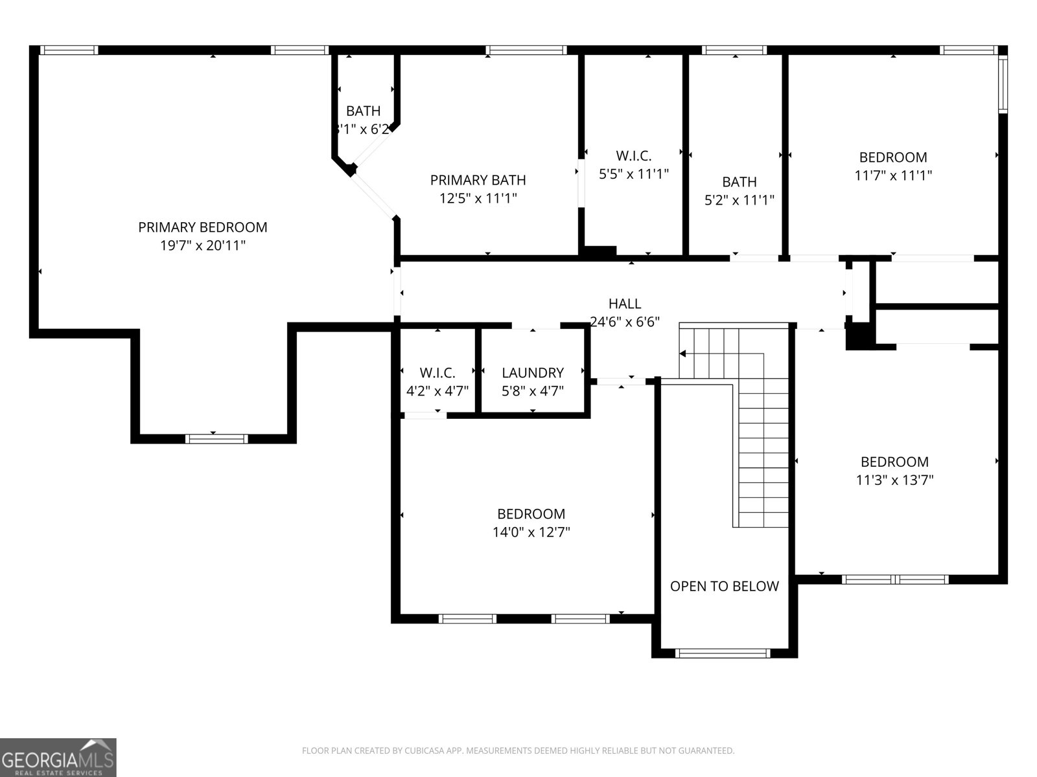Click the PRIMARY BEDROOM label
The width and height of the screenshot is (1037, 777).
tap(202, 227)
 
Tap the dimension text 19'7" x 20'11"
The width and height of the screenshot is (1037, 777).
tap(202, 245)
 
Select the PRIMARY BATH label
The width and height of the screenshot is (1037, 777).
tap(478, 180)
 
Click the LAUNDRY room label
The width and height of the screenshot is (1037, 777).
tap(532, 373)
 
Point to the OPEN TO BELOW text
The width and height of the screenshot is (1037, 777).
tap(724, 587)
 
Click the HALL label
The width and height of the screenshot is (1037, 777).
tap(625, 304)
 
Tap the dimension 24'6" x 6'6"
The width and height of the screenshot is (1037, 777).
tap(625, 322)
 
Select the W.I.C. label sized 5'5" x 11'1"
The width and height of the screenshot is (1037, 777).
tap(633, 155)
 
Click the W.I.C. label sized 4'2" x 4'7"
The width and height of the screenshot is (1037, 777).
tap(437, 373)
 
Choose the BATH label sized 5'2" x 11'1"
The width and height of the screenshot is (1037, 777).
tap(739, 182)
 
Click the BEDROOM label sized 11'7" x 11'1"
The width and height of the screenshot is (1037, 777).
tap(892, 157)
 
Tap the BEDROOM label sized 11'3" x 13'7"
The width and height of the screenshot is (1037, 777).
tap(894, 462)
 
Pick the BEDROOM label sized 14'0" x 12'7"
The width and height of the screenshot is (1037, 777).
tap(531, 514)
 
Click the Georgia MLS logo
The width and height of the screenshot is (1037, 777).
tap(58, 757)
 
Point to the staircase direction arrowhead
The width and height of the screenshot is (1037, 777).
tap(683, 354)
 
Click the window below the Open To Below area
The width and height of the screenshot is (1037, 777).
tap(723, 653)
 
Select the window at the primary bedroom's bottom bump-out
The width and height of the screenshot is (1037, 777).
tap(216, 439)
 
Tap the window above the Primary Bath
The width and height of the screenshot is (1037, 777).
tap(526, 50)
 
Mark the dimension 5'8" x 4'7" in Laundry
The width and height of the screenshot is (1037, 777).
tap(532, 391)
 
